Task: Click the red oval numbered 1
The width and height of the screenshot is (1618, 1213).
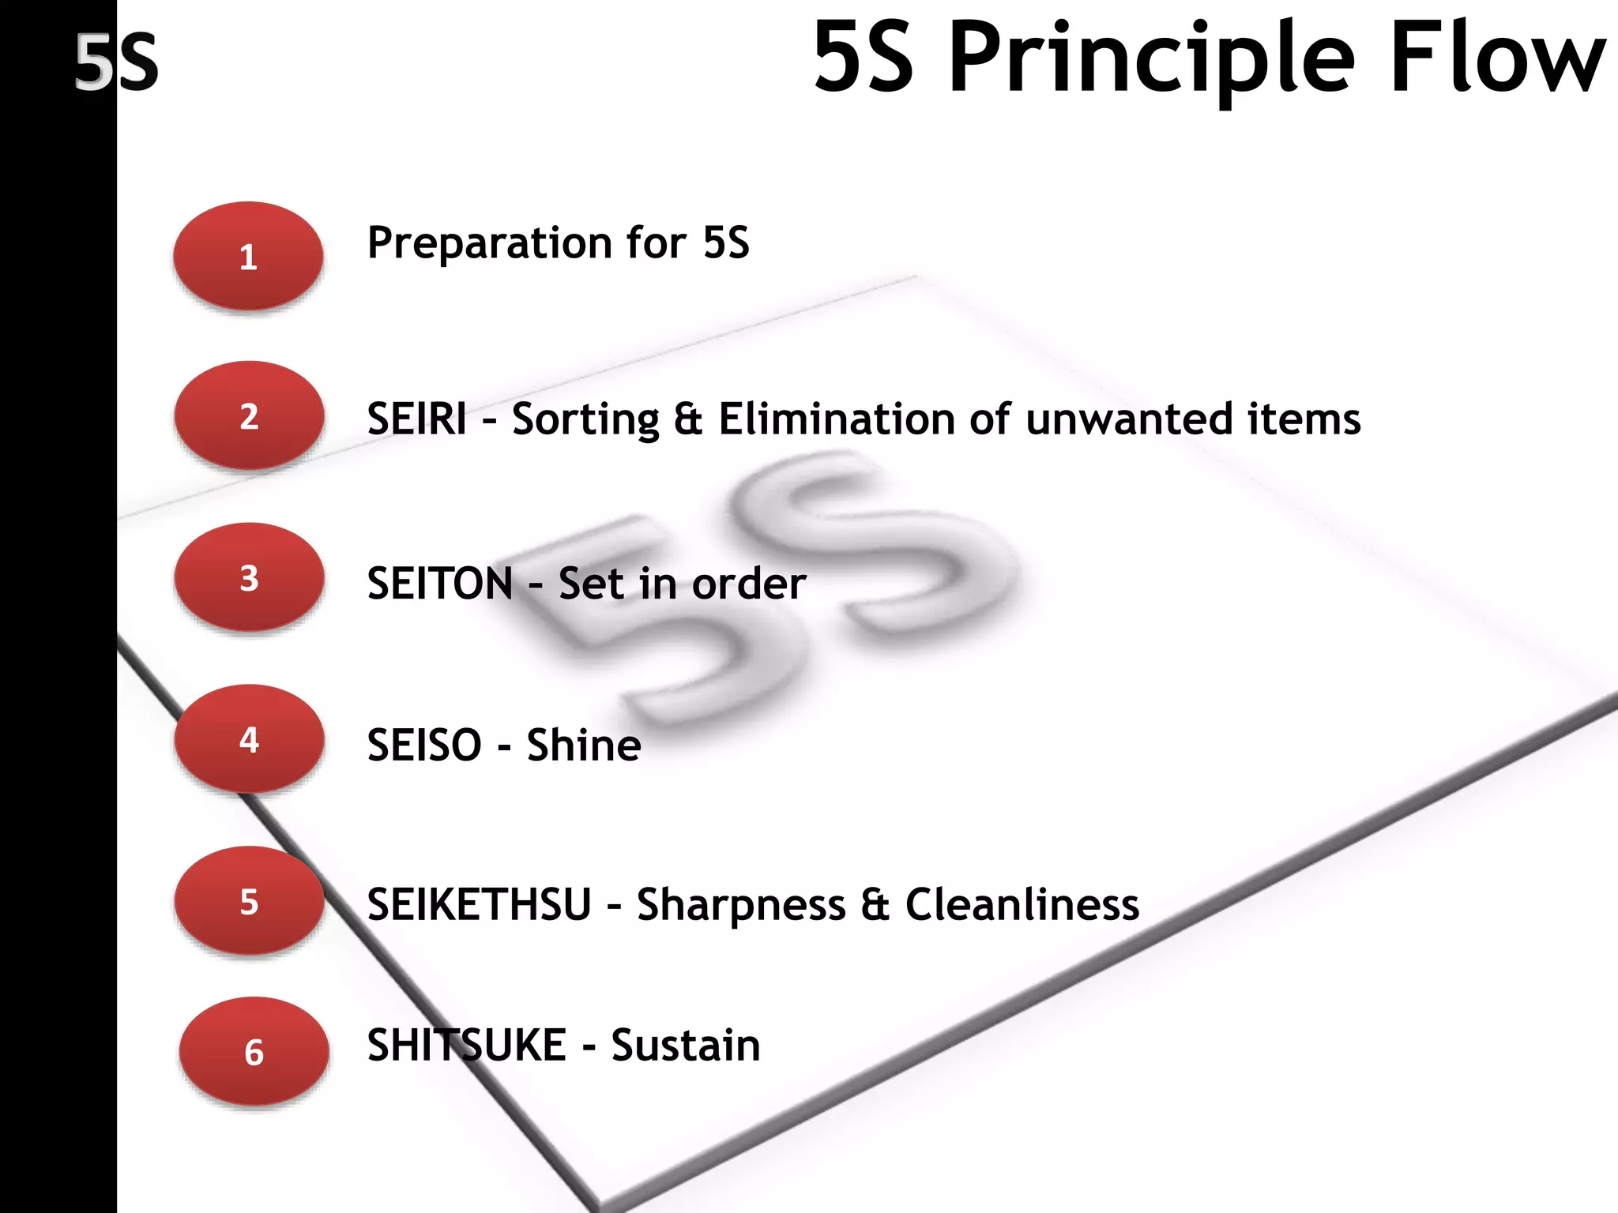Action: (x=248, y=256)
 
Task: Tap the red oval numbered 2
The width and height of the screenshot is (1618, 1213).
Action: (x=249, y=415)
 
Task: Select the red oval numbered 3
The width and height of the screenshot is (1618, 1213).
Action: (x=249, y=577)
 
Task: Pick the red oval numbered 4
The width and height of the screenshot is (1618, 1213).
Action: (x=249, y=739)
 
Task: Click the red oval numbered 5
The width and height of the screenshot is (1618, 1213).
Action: (x=249, y=901)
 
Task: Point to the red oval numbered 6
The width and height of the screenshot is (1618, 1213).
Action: (x=254, y=1052)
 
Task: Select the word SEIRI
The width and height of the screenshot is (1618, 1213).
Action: (x=416, y=419)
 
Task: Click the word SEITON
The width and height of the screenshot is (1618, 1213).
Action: (x=440, y=584)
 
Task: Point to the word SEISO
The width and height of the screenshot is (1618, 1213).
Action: (x=424, y=745)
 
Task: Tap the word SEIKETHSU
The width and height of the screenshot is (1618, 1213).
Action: (x=479, y=904)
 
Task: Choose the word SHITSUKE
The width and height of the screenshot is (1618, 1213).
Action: (x=466, y=1046)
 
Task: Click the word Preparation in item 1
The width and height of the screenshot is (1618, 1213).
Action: (x=487, y=243)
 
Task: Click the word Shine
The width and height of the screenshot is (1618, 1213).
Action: (x=584, y=745)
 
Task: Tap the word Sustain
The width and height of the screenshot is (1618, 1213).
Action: (x=685, y=1046)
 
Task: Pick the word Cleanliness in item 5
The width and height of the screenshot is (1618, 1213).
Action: (x=1022, y=904)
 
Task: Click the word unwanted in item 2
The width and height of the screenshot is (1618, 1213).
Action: (x=1129, y=419)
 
